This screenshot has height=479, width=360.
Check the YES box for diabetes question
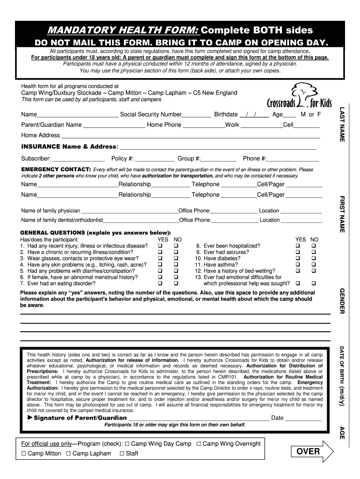click(298, 258)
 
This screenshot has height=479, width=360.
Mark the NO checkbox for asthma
click(314, 264)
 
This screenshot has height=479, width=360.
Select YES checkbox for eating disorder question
click(161, 283)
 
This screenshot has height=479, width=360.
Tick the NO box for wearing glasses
click(176, 258)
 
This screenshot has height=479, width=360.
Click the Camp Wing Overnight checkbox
click(199, 443)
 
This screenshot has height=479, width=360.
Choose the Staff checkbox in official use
click(122, 453)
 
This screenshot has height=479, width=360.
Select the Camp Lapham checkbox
click(69, 453)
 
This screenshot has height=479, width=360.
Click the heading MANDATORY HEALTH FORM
click(124, 30)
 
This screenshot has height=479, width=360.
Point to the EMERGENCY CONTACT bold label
click(56, 169)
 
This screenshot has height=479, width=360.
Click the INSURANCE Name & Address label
click(69, 146)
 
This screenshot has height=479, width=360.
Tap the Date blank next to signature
click(303, 418)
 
